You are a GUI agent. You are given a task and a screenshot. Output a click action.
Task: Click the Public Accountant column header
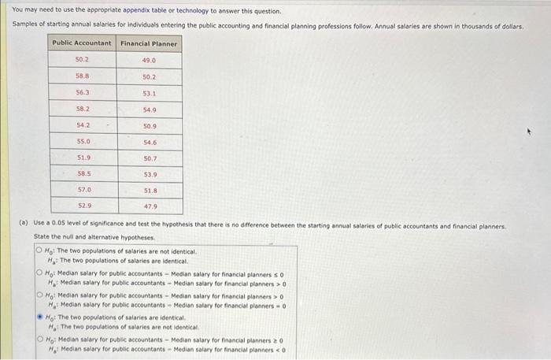click(x=83, y=43)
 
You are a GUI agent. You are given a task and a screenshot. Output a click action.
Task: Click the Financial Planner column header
click(x=150, y=43)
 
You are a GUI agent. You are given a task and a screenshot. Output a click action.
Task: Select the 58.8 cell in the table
click(x=83, y=76)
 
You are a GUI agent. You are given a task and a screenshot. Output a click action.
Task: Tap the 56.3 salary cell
click(x=83, y=92)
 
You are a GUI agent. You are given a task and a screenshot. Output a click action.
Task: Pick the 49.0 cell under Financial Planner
click(x=150, y=60)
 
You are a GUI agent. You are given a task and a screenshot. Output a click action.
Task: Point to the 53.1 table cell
click(x=150, y=93)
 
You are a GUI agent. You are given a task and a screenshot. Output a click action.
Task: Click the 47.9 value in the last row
click(x=150, y=206)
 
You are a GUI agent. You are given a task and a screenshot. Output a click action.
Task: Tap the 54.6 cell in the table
click(x=150, y=142)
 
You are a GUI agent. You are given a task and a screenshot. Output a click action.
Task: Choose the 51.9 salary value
click(x=83, y=158)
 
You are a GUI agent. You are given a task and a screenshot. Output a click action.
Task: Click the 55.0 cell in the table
click(x=83, y=141)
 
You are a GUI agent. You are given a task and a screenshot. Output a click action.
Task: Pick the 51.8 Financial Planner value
click(x=150, y=191)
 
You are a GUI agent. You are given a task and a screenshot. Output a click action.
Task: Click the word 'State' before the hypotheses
click(x=41, y=237)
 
